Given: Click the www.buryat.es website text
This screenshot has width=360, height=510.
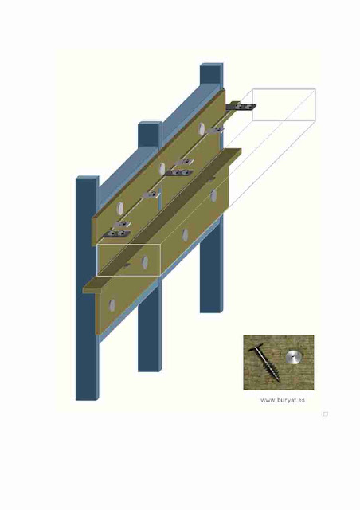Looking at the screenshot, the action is (283, 400).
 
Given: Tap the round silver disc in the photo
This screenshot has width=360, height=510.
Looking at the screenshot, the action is (293, 358).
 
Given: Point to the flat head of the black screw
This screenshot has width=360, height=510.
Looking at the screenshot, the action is (256, 349).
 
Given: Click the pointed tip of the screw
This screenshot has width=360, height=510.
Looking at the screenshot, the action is (279, 380).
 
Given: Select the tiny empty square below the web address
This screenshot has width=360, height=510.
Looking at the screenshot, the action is (326, 414).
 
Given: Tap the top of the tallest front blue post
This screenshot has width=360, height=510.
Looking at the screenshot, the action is (87, 178).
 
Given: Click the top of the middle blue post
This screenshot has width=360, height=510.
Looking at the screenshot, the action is (150, 124).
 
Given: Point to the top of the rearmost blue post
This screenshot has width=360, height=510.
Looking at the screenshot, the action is (212, 65).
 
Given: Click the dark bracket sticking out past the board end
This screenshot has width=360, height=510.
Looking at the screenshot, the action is (241, 106).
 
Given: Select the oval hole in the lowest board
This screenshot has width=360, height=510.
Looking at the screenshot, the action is (112, 305).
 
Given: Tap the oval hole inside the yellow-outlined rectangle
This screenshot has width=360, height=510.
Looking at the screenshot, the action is (145, 261).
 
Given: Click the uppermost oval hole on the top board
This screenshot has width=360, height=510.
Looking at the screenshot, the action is (202, 129).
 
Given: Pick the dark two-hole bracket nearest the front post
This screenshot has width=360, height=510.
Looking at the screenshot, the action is (116, 233).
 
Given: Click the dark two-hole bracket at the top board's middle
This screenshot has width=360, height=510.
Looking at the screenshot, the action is (179, 172).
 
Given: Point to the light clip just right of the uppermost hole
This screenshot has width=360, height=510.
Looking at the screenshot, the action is (215, 130).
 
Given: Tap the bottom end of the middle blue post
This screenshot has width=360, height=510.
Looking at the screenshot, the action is (150, 370).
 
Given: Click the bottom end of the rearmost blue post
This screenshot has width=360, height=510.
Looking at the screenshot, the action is (212, 311).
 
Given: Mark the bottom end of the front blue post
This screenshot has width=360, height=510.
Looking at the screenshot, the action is (87, 398).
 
